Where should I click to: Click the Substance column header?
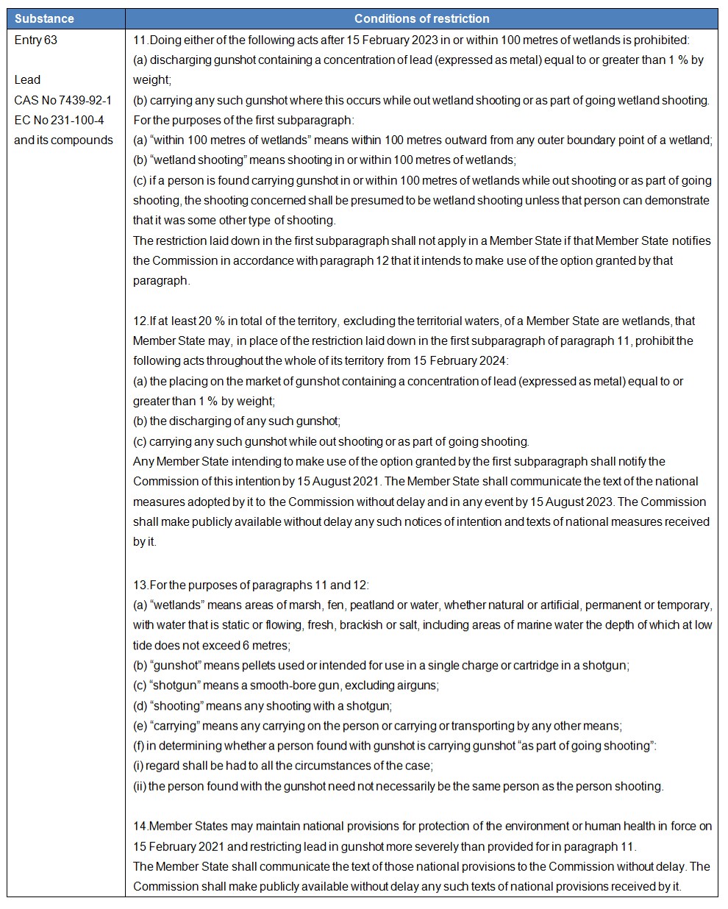click(44, 18)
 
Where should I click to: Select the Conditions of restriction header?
click(421, 18)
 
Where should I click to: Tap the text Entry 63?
click(35, 40)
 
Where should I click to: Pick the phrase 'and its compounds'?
click(63, 140)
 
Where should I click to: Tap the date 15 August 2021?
click(331, 481)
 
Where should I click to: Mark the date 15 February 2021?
click(179, 846)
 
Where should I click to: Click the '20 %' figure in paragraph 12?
click(211, 321)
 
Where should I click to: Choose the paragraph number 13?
click(140, 585)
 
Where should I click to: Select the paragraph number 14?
click(140, 826)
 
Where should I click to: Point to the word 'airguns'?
click(416, 685)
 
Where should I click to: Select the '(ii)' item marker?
click(140, 785)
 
